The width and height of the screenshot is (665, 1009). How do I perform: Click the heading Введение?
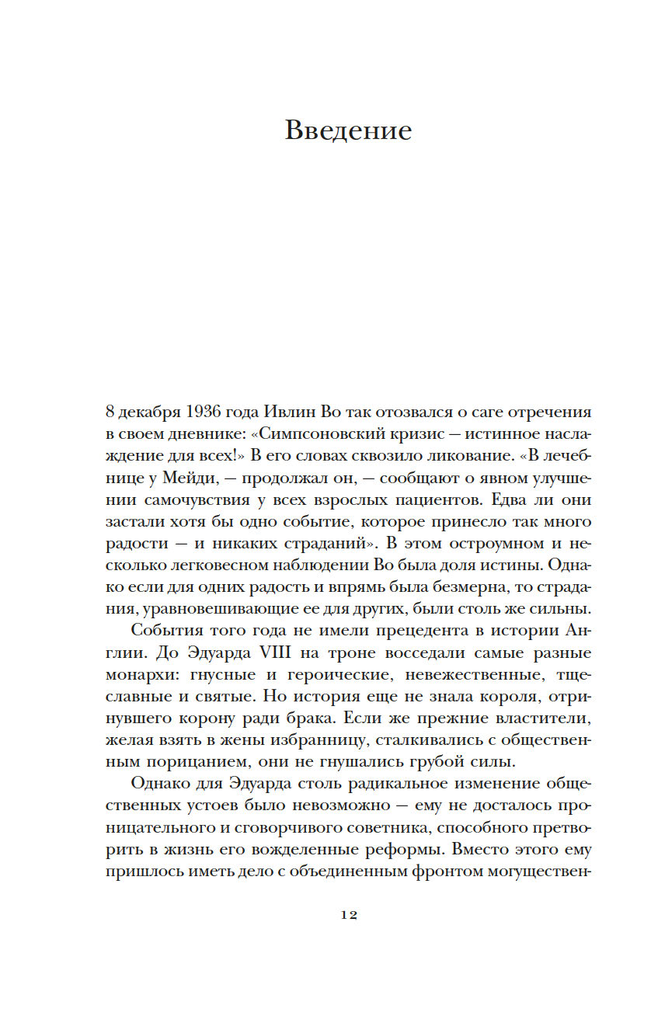coord(348,130)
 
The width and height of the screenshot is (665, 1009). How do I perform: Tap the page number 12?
coord(348,915)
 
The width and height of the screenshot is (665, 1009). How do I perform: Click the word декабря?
coord(147,411)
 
